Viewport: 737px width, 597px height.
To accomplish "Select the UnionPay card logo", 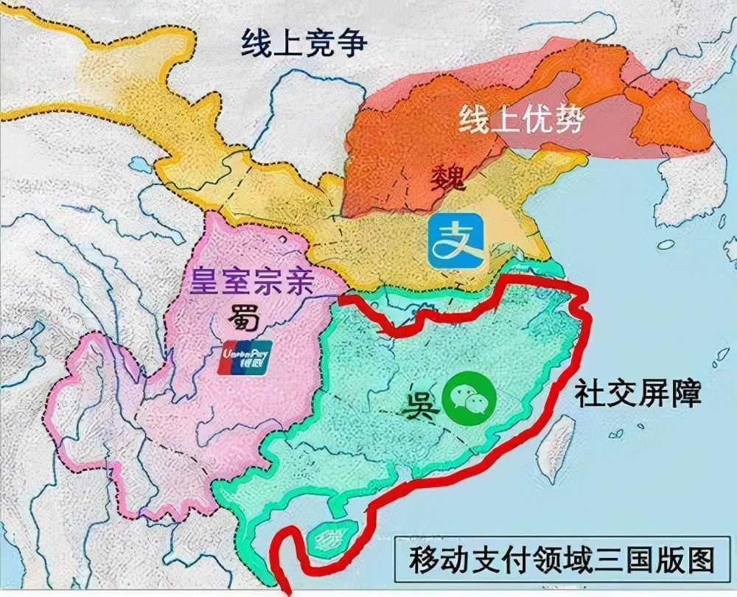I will click(246, 357).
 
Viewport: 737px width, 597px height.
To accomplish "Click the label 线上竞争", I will click(304, 43).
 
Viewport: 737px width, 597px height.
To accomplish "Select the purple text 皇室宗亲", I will click(253, 282).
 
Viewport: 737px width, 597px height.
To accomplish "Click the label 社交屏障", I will click(638, 394).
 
